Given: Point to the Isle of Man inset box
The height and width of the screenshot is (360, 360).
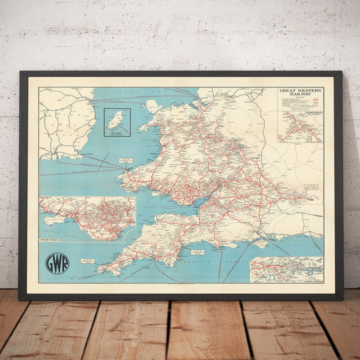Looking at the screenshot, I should point(117,122).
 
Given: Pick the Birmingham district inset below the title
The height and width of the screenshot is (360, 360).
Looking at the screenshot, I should point(300,127).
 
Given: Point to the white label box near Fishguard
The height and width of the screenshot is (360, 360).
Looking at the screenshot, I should point(127,160).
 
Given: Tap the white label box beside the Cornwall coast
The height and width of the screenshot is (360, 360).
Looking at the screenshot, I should point(198,252).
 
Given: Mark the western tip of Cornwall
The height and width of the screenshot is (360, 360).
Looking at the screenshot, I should point(100,270).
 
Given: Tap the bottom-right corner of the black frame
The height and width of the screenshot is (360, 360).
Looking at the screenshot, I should point(342,299).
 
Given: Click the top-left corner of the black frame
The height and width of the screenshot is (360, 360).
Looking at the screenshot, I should point(21,72).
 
